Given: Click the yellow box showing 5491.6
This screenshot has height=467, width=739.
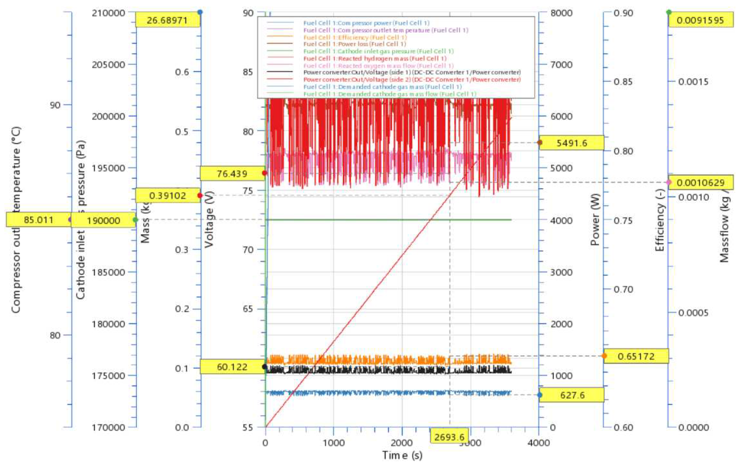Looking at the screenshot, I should (571, 143).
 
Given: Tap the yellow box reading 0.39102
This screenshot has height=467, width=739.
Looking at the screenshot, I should (168, 196).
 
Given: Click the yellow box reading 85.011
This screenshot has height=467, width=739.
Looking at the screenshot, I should (38, 220).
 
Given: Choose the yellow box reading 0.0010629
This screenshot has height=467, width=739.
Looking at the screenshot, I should (701, 183).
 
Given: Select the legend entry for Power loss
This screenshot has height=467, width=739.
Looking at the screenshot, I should (355, 44).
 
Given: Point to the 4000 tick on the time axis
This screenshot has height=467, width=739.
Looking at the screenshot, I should (539, 443).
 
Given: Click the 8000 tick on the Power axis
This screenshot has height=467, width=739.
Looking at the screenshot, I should (561, 13).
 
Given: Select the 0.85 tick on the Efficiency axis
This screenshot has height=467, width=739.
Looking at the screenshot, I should (623, 82).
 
